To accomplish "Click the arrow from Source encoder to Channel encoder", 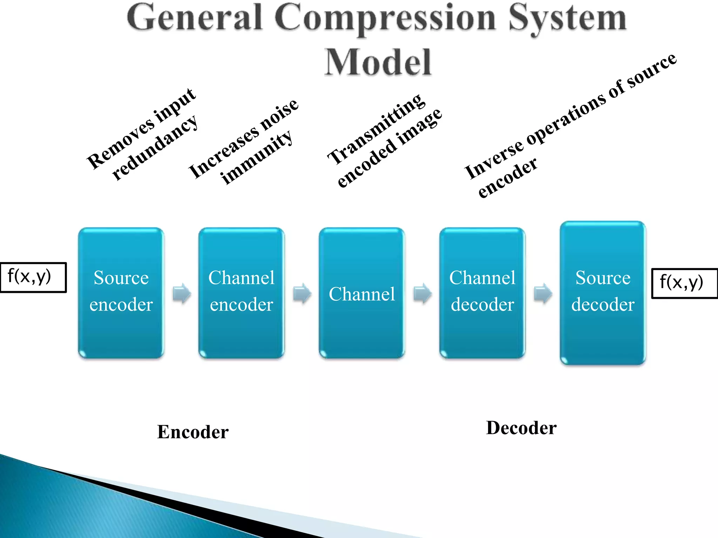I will [182, 293].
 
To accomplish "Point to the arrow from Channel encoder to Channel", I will [302, 293].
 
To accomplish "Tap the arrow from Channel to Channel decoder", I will [422, 293].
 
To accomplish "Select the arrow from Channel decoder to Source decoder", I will [543, 293].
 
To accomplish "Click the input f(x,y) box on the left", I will [33, 277].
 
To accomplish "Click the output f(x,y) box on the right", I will [684, 283].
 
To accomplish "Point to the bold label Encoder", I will [193, 432].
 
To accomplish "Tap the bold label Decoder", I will [521, 428].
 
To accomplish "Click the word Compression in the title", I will [385, 18].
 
